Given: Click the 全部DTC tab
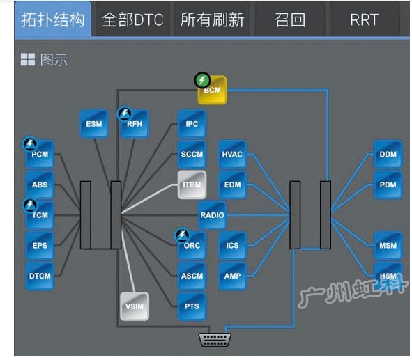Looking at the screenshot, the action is click(x=132, y=19).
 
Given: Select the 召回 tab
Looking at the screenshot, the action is click(x=290, y=19).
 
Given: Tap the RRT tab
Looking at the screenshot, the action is click(x=365, y=19).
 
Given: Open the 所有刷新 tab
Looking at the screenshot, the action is click(x=212, y=19).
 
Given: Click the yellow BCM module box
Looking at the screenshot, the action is click(x=213, y=90).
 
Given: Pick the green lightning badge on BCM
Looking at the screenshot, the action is click(x=202, y=80).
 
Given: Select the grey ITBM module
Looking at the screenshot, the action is click(x=192, y=185).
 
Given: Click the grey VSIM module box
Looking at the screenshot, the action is click(x=135, y=306).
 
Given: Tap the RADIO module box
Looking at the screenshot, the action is click(x=212, y=215).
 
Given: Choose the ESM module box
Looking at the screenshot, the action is click(x=94, y=124).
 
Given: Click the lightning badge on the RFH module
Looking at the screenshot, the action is click(x=125, y=114).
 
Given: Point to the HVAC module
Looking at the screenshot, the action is click(x=232, y=155).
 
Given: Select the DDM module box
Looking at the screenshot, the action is click(x=388, y=155).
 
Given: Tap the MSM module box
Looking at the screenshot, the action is click(x=388, y=246).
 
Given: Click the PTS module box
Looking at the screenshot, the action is click(x=192, y=306).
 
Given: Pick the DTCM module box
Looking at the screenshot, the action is click(x=40, y=276).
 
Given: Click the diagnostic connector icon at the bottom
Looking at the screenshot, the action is click(x=215, y=340).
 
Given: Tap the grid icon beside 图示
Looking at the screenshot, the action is click(x=28, y=59).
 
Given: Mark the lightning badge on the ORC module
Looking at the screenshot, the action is click(x=182, y=235).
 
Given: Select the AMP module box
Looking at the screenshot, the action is click(x=232, y=276).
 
